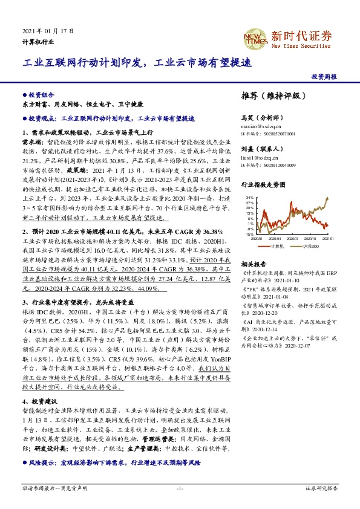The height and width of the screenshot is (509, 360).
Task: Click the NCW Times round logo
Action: [x=257, y=36]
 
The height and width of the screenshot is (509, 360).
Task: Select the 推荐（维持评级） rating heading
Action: [x=269, y=96]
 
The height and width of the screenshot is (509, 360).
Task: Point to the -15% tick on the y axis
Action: [x=249, y=235]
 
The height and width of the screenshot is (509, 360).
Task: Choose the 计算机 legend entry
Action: [x=277, y=246]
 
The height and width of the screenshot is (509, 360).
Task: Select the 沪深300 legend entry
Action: [x=310, y=246]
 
